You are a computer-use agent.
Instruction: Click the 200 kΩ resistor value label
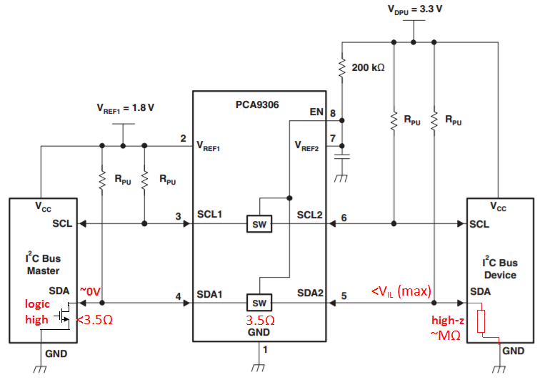[368, 67]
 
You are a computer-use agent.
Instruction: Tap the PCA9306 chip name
[257, 104]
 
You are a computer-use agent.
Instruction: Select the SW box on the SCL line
[259, 224]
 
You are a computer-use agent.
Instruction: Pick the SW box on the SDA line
[259, 303]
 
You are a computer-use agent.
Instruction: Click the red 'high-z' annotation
[448, 320]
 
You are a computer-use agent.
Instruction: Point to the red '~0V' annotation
[91, 291]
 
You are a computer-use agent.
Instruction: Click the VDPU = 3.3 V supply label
[415, 9]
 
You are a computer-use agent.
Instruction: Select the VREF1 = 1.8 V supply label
[125, 108]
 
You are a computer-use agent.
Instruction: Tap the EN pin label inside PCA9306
[316, 112]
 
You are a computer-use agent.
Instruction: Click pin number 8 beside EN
[333, 113]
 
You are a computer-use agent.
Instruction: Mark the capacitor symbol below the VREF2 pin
[342, 157]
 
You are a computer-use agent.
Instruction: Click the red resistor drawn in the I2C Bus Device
[481, 321]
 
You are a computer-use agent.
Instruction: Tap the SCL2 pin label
[310, 215]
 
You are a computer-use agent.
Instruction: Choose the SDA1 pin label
[209, 295]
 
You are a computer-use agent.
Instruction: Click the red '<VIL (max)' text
[401, 291]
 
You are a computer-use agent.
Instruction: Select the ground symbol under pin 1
[258, 368]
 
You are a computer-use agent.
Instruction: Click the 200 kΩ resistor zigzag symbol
[342, 67]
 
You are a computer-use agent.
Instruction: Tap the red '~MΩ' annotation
[446, 335]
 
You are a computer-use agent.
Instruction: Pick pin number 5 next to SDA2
[344, 296]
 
